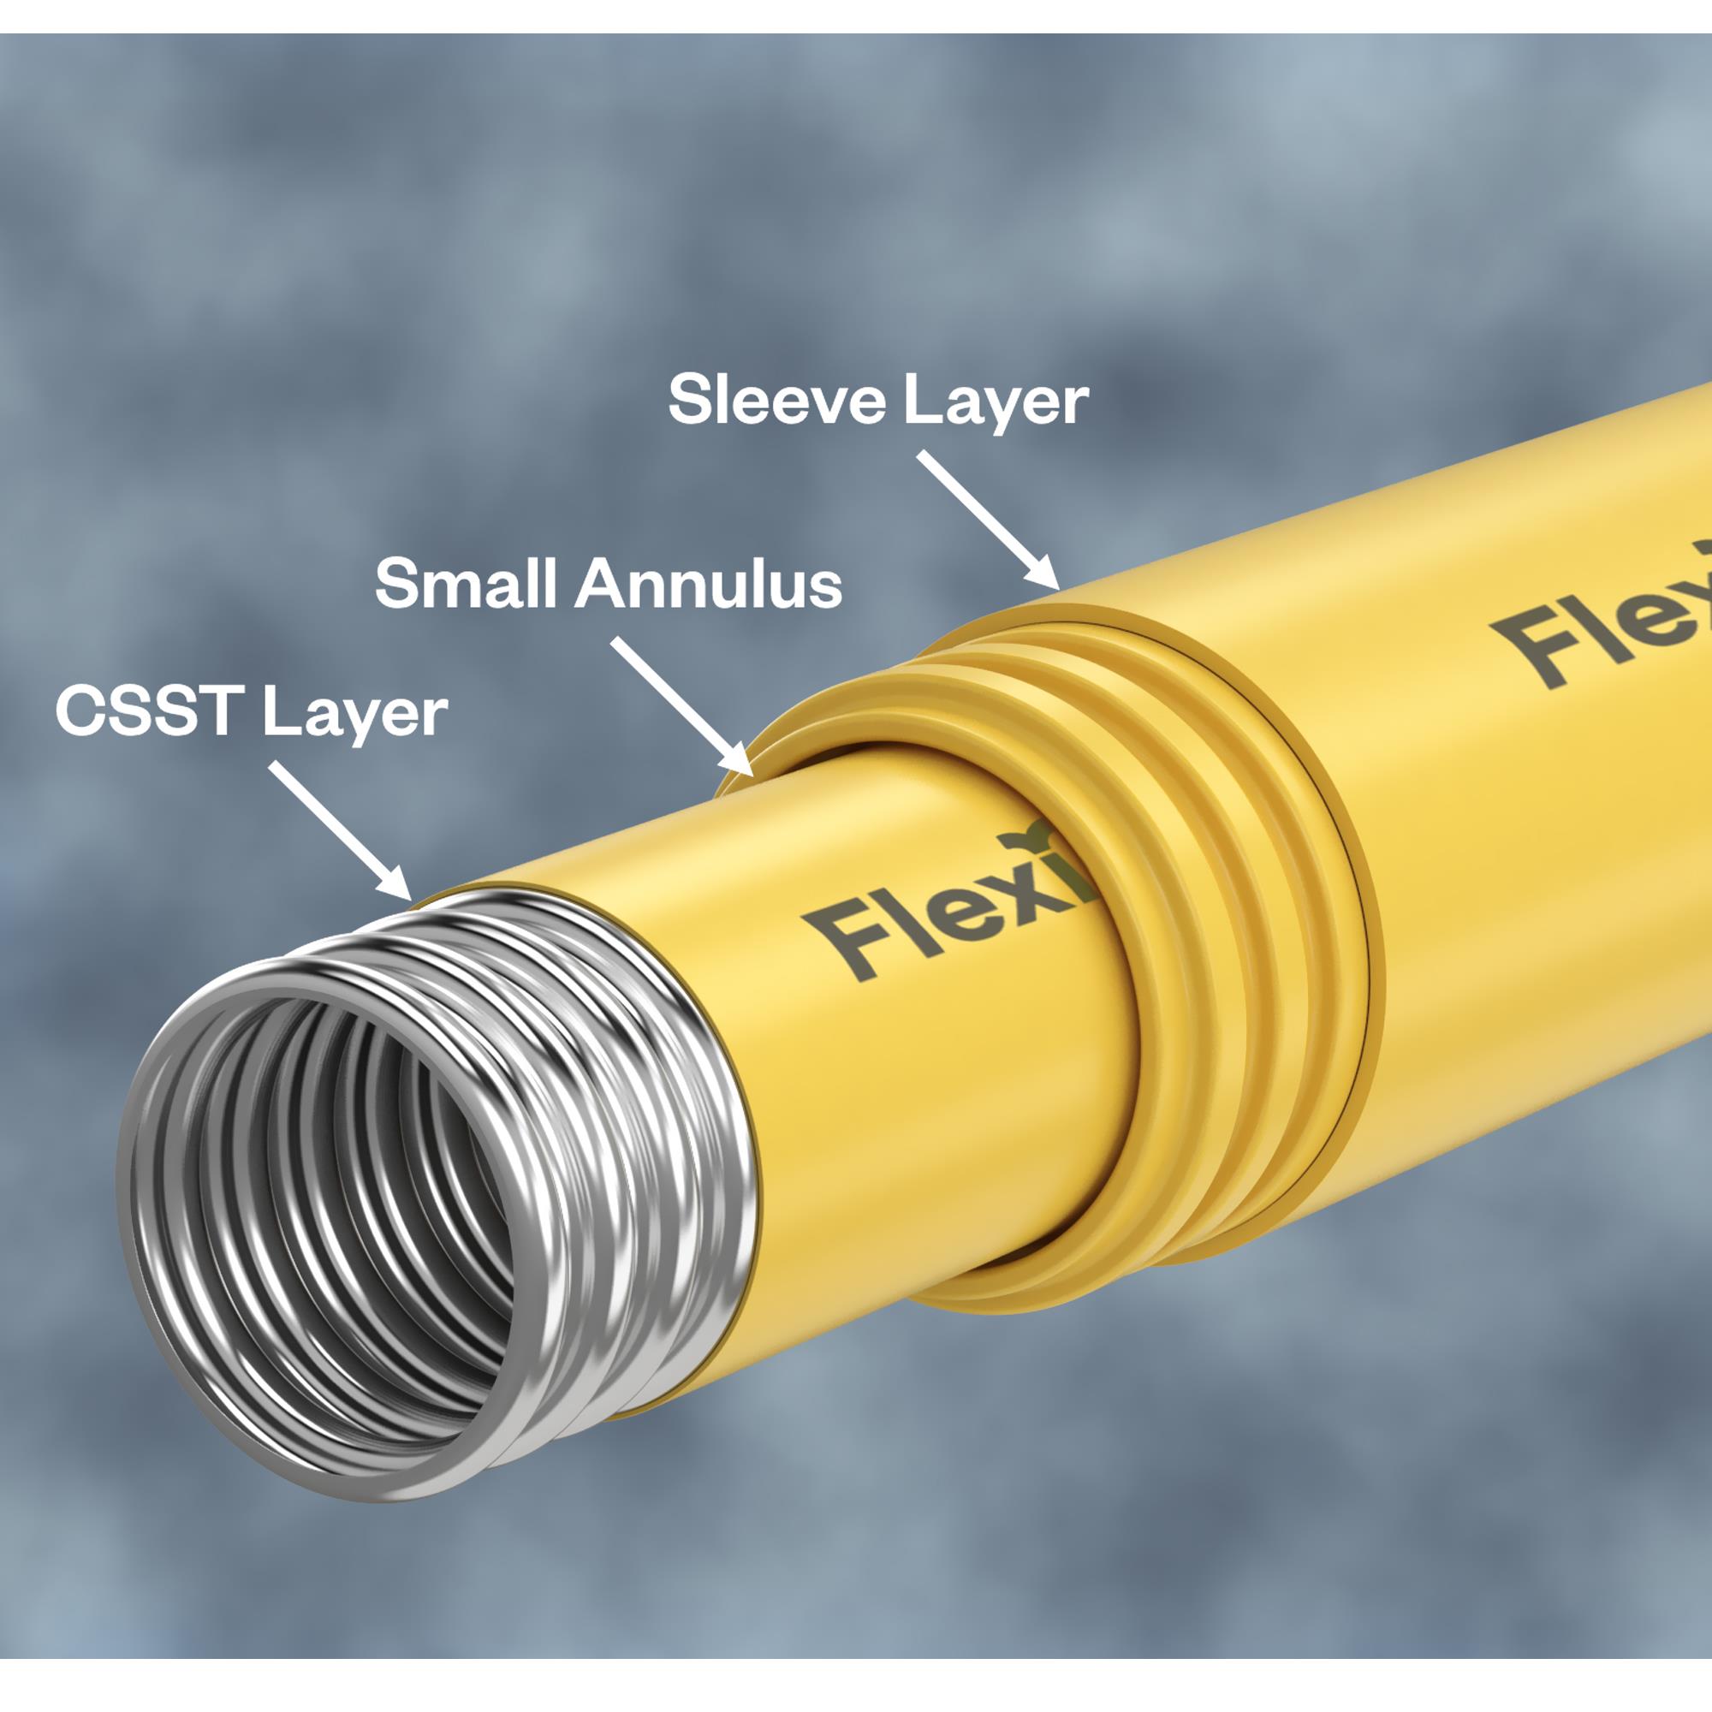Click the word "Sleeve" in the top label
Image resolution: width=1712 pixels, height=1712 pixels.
pos(776,401)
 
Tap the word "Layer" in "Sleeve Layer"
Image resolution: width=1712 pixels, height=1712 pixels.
pos(996,404)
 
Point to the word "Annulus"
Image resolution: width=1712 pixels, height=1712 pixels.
pos(708,585)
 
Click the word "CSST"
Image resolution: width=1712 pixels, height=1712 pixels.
pos(150,710)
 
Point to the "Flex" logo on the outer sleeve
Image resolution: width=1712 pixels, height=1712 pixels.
pos(1604,621)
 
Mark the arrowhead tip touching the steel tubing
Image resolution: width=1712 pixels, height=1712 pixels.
pos(409,898)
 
